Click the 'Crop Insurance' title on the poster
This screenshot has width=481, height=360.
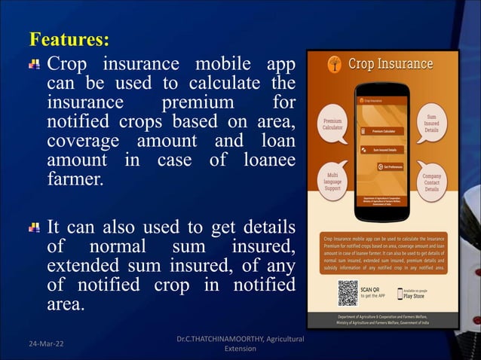(390, 63)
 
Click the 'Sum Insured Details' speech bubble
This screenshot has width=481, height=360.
(431, 124)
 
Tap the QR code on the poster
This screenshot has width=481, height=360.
(347, 293)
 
